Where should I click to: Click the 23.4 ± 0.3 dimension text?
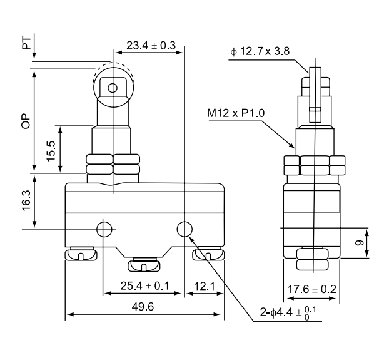pyautogui.click(x=151, y=46)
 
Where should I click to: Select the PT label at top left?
pyautogui.click(x=26, y=43)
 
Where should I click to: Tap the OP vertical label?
pyautogui.click(x=26, y=121)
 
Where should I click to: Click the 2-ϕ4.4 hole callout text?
pyautogui.click(x=290, y=312)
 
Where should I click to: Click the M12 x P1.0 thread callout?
pyautogui.click(x=236, y=113)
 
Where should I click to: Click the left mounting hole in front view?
pyautogui.click(x=104, y=229)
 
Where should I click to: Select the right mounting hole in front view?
pyautogui.click(x=184, y=229)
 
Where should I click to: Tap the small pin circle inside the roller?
pyautogui.click(x=113, y=88)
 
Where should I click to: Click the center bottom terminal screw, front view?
pyautogui.click(x=144, y=265)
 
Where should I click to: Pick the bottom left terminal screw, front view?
pyautogui.click(x=81, y=254)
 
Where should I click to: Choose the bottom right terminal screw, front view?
pyautogui.click(x=208, y=254)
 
